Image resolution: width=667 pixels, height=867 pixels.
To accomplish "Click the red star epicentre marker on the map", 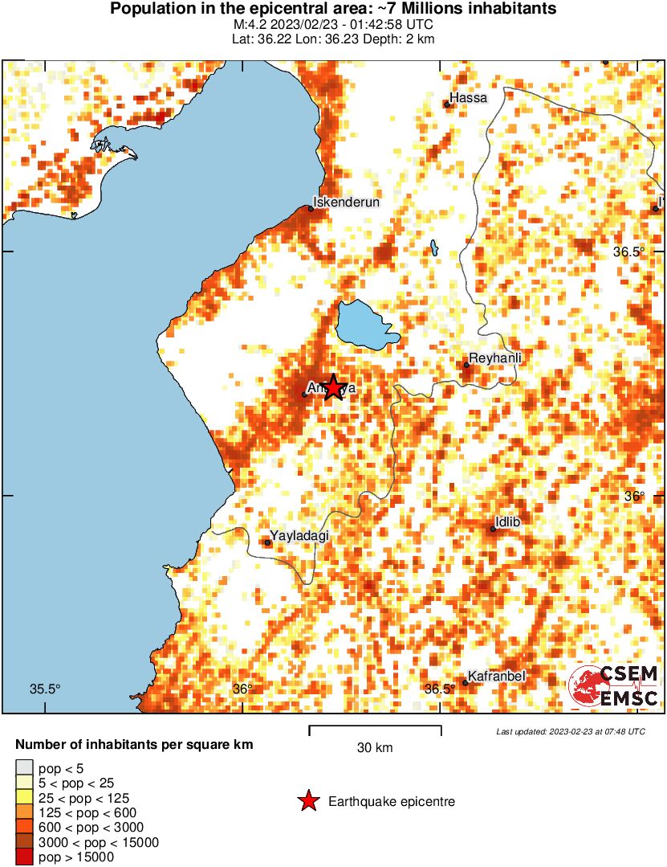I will point(332,387).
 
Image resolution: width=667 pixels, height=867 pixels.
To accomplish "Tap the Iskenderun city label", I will point(346,202).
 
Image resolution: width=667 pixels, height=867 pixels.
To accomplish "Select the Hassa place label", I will point(469,98).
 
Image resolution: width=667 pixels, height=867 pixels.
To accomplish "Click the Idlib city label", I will point(508,522).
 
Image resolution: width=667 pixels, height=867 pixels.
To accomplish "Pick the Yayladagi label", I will point(299,535).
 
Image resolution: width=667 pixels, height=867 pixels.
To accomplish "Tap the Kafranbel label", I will point(496,677).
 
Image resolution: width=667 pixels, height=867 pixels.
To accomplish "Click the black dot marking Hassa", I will point(447,104).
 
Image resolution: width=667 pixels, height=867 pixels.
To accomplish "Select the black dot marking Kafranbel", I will point(465,683).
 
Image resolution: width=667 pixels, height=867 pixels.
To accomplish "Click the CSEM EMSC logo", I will point(614,687).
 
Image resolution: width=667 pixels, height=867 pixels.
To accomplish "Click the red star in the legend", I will point(307,801).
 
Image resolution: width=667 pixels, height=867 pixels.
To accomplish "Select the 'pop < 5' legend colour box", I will point(24,767).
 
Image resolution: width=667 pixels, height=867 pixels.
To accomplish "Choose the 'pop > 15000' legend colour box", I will point(24,857).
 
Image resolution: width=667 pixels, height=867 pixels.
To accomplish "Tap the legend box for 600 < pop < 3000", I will point(24,828).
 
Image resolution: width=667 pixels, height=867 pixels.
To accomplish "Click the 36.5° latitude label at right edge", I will point(628,252).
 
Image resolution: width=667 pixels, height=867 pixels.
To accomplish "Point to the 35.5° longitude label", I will point(45,689).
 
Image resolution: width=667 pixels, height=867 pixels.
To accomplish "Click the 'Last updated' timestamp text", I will point(570,732).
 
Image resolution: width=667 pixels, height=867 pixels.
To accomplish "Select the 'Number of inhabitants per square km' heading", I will point(134,745).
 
